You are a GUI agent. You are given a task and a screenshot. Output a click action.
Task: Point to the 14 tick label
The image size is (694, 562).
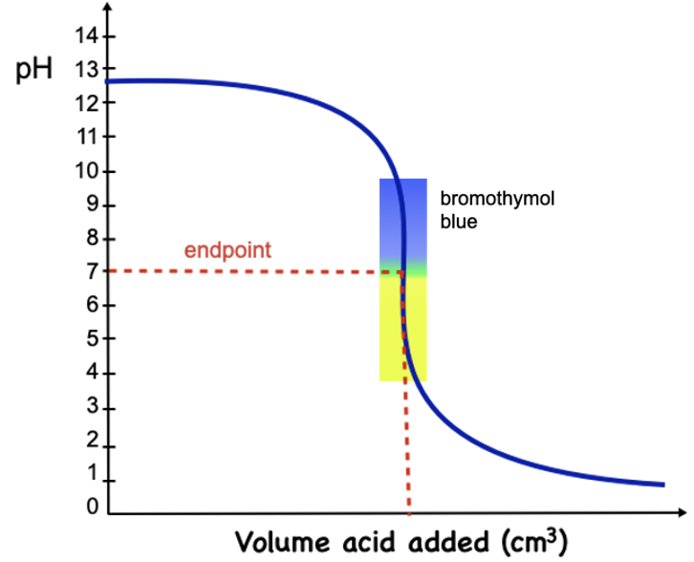pyautogui.click(x=85, y=36)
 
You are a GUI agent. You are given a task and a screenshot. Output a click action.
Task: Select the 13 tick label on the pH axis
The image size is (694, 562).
pyautogui.click(x=85, y=71)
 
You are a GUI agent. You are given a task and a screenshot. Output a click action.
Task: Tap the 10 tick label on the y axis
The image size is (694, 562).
pyautogui.click(x=85, y=171)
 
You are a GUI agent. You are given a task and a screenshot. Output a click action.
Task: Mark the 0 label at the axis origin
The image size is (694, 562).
pyautogui.click(x=91, y=508)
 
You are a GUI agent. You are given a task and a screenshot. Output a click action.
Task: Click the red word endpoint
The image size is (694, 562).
pyautogui.click(x=228, y=250)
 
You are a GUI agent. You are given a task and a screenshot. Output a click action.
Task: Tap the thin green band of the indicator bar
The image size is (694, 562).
pyautogui.click(x=402, y=267)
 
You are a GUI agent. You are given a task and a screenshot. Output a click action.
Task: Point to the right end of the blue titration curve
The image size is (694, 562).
pyautogui.click(x=661, y=485)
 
